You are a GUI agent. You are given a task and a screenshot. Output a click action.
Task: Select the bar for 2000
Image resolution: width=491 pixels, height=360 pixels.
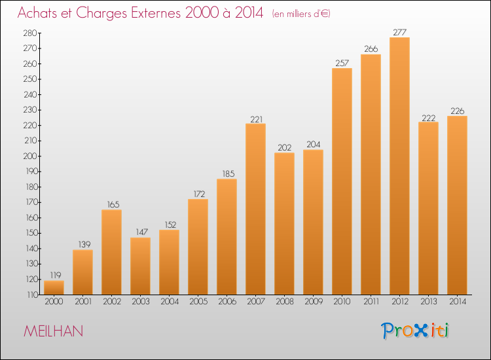click(54, 287)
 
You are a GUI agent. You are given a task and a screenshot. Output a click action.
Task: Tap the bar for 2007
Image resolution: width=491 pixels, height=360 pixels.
click(255, 209)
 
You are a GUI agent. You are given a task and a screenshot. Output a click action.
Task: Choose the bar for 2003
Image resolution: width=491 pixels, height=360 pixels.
click(140, 266)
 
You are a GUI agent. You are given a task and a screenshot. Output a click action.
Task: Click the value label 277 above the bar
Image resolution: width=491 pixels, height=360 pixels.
click(399, 32)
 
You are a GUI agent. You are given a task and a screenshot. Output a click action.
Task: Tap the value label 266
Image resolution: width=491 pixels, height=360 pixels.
click(371, 49)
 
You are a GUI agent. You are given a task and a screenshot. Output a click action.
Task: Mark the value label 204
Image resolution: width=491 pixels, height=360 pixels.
click(313, 145)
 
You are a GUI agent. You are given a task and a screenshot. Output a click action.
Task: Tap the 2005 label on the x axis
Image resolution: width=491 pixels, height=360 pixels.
click(198, 302)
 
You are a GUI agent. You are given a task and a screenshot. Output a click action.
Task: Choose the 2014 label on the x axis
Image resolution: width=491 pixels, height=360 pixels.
click(457, 302)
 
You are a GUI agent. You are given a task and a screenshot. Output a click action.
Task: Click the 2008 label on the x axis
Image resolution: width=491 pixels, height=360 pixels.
click(284, 302)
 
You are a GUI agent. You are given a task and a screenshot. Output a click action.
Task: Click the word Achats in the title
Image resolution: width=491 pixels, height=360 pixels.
click(41, 12)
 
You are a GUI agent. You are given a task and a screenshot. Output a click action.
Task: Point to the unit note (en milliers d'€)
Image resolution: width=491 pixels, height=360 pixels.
click(301, 13)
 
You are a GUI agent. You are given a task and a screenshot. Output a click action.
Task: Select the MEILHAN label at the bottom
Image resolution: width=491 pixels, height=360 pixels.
click(53, 331)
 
